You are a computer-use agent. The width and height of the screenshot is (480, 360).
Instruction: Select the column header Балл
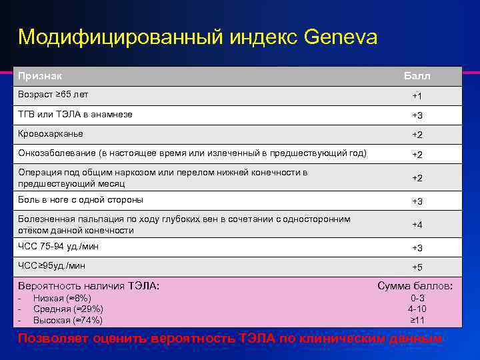[x=417, y=76]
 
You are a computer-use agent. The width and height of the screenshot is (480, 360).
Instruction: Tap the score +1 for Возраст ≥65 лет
[x=417, y=96]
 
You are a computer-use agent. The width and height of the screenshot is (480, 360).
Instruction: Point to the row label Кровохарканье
[x=51, y=133]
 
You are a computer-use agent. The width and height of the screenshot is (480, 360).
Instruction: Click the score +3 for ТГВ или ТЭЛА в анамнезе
[x=417, y=115]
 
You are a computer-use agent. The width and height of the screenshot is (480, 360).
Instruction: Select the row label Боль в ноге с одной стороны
[x=81, y=199]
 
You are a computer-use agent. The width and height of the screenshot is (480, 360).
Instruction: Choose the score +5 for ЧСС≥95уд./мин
[x=417, y=267]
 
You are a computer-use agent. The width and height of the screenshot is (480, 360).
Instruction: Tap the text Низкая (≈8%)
[x=62, y=298]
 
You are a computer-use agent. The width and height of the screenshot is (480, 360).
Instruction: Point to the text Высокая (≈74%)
[x=67, y=319]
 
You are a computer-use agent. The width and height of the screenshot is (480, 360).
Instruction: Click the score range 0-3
[x=417, y=298]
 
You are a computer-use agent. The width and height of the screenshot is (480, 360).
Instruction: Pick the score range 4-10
[x=417, y=309]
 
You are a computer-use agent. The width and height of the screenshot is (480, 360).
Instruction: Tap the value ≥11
[x=417, y=319]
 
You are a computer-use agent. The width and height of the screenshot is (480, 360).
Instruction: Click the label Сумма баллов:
[x=415, y=286]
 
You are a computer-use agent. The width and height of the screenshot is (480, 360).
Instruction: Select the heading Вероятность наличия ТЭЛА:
[x=89, y=286]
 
